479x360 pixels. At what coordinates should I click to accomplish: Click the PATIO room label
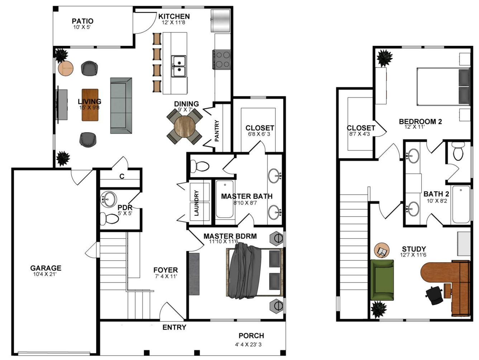[82, 21]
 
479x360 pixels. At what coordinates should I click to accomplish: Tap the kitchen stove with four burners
[222, 59]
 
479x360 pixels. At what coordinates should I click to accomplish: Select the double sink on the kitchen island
[179, 66]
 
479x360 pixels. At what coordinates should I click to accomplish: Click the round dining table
[185, 126]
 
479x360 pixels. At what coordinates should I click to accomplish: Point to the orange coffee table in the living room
[90, 105]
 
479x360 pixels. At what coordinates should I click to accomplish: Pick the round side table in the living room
[66, 68]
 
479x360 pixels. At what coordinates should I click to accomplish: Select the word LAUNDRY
[196, 203]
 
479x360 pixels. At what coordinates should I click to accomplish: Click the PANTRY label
[217, 131]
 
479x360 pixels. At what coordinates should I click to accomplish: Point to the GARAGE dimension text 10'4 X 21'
[45, 274]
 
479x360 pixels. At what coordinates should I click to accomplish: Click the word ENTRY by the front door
[174, 327]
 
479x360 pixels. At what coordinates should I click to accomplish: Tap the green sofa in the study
[382, 280]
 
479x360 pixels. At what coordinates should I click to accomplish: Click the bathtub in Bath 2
[461, 204]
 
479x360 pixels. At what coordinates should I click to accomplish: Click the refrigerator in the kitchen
[220, 21]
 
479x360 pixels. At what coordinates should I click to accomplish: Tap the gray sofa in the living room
[121, 106]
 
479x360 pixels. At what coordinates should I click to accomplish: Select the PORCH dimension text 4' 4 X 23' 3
[248, 345]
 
